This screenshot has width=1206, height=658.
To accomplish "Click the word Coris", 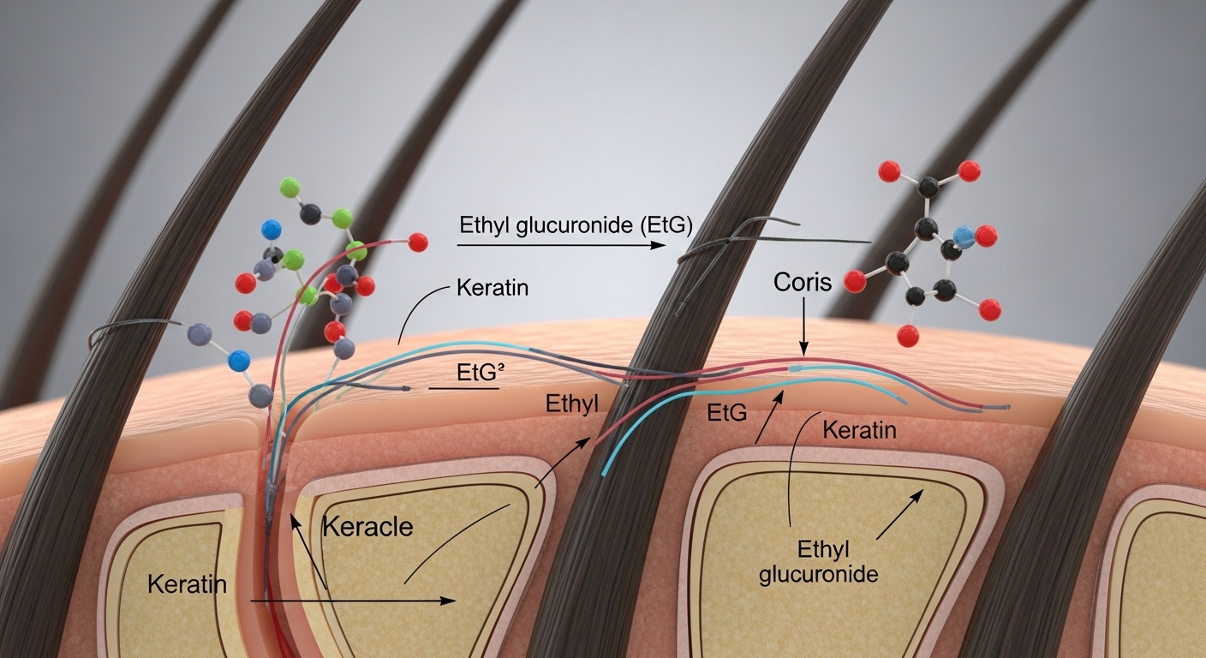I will tap(803, 282).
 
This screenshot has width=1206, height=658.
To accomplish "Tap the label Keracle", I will tap(367, 525).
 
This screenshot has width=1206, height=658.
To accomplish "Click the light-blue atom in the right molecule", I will tap(963, 237).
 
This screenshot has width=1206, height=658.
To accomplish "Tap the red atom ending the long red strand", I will tap(418, 242).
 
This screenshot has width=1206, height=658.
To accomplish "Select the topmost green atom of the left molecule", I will tap(290, 186).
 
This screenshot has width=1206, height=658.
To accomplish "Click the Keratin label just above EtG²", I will tap(493, 288).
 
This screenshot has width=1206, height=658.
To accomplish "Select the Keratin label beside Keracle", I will tap(187, 584).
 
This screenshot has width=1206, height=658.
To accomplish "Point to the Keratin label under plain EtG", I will tap(858, 429).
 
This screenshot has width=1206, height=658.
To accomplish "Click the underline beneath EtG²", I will tap(463, 388).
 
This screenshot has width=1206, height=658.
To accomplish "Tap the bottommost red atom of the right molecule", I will tap(910, 335).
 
